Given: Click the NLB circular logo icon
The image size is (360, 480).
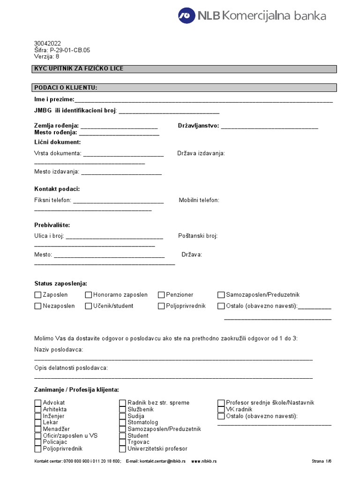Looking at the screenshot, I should tap(187, 15).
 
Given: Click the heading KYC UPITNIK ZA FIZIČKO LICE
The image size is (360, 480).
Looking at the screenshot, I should tap(79, 69).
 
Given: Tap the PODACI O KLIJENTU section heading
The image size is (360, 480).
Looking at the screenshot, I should tap(66, 87).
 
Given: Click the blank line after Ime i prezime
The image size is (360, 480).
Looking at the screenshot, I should tap(203, 100).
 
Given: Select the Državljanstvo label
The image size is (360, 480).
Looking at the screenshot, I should tap(198, 126).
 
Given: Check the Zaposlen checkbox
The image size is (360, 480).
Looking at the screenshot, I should tap(38, 295).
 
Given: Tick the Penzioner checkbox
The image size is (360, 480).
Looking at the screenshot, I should tap(161, 295).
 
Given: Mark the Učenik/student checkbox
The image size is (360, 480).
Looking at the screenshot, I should tap(89, 306).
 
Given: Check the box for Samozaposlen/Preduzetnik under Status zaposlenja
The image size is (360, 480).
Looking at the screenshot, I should tap(221, 295).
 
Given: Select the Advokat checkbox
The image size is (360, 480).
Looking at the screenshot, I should tap(38, 403).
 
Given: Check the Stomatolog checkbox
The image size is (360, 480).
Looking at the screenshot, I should tap(123, 422).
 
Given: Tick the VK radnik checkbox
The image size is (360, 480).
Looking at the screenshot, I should tap(221, 409).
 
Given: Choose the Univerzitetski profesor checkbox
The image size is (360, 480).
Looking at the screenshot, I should tap(123, 449).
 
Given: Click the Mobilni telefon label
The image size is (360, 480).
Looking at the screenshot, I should tap(199, 200).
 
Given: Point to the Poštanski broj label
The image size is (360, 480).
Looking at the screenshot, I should tap(198, 236).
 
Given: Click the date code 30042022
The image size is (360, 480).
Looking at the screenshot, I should tap(47, 43).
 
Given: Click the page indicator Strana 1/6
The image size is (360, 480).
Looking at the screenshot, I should tap(321, 461).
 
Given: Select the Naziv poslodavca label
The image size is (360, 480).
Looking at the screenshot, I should tap(59, 350).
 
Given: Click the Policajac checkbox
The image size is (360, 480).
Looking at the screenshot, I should tap(38, 442).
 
